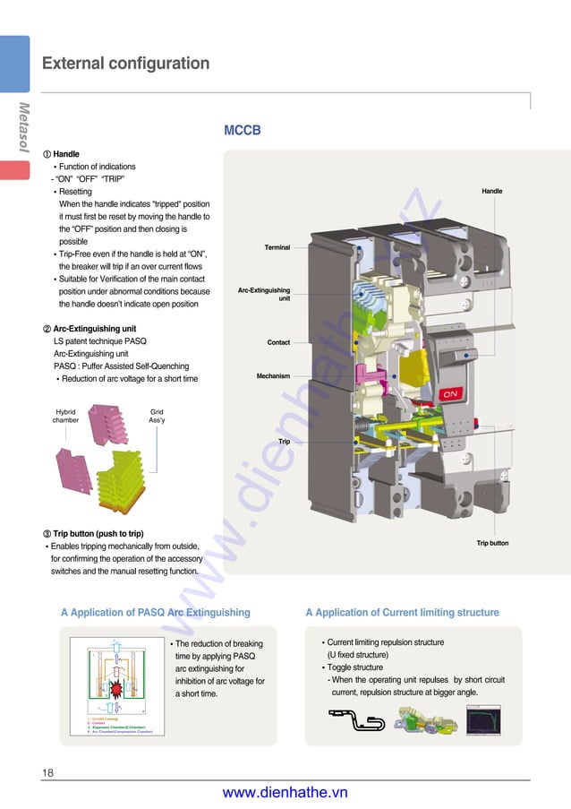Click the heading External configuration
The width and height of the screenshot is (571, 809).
[125, 64]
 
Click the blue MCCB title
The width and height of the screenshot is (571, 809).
[242, 131]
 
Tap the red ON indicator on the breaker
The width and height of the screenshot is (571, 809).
[451, 393]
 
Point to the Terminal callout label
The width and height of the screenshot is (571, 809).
[277, 247]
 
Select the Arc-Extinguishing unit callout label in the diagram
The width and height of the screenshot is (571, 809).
[264, 294]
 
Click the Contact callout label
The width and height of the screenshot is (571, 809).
[278, 342]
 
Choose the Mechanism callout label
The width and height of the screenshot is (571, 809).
[273, 376]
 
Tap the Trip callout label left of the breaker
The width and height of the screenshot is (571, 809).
[284, 442]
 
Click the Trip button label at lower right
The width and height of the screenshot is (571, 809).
[492, 543]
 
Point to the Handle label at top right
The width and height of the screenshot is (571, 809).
[492, 192]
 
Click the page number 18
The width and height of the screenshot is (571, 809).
[48, 772]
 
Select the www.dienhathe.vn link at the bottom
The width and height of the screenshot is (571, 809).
[285, 792]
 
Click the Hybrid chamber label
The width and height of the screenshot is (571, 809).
[65, 416]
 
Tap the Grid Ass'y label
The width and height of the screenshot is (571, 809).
[156, 416]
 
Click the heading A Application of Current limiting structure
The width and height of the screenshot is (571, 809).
[402, 613]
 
